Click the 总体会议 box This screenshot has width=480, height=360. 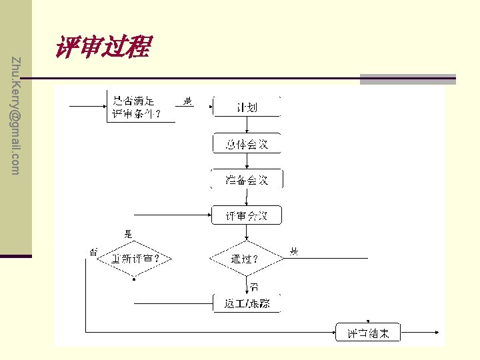[247, 144]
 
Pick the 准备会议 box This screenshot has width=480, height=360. [247, 180]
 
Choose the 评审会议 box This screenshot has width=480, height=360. [247, 215]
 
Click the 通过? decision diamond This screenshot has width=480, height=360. [246, 259]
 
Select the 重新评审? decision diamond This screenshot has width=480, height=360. [134, 259]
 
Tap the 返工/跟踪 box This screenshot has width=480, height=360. [247, 303]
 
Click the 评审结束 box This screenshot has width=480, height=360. [368, 332]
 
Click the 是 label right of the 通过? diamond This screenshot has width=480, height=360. [294, 251]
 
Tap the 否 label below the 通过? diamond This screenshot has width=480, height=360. [254, 287]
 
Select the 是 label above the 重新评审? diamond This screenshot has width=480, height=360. [128, 234]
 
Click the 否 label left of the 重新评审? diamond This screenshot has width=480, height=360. [93, 251]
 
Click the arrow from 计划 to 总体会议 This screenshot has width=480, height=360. [247, 126]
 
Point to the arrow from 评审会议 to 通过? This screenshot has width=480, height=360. [247, 233]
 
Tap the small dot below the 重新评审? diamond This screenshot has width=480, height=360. [134, 280]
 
